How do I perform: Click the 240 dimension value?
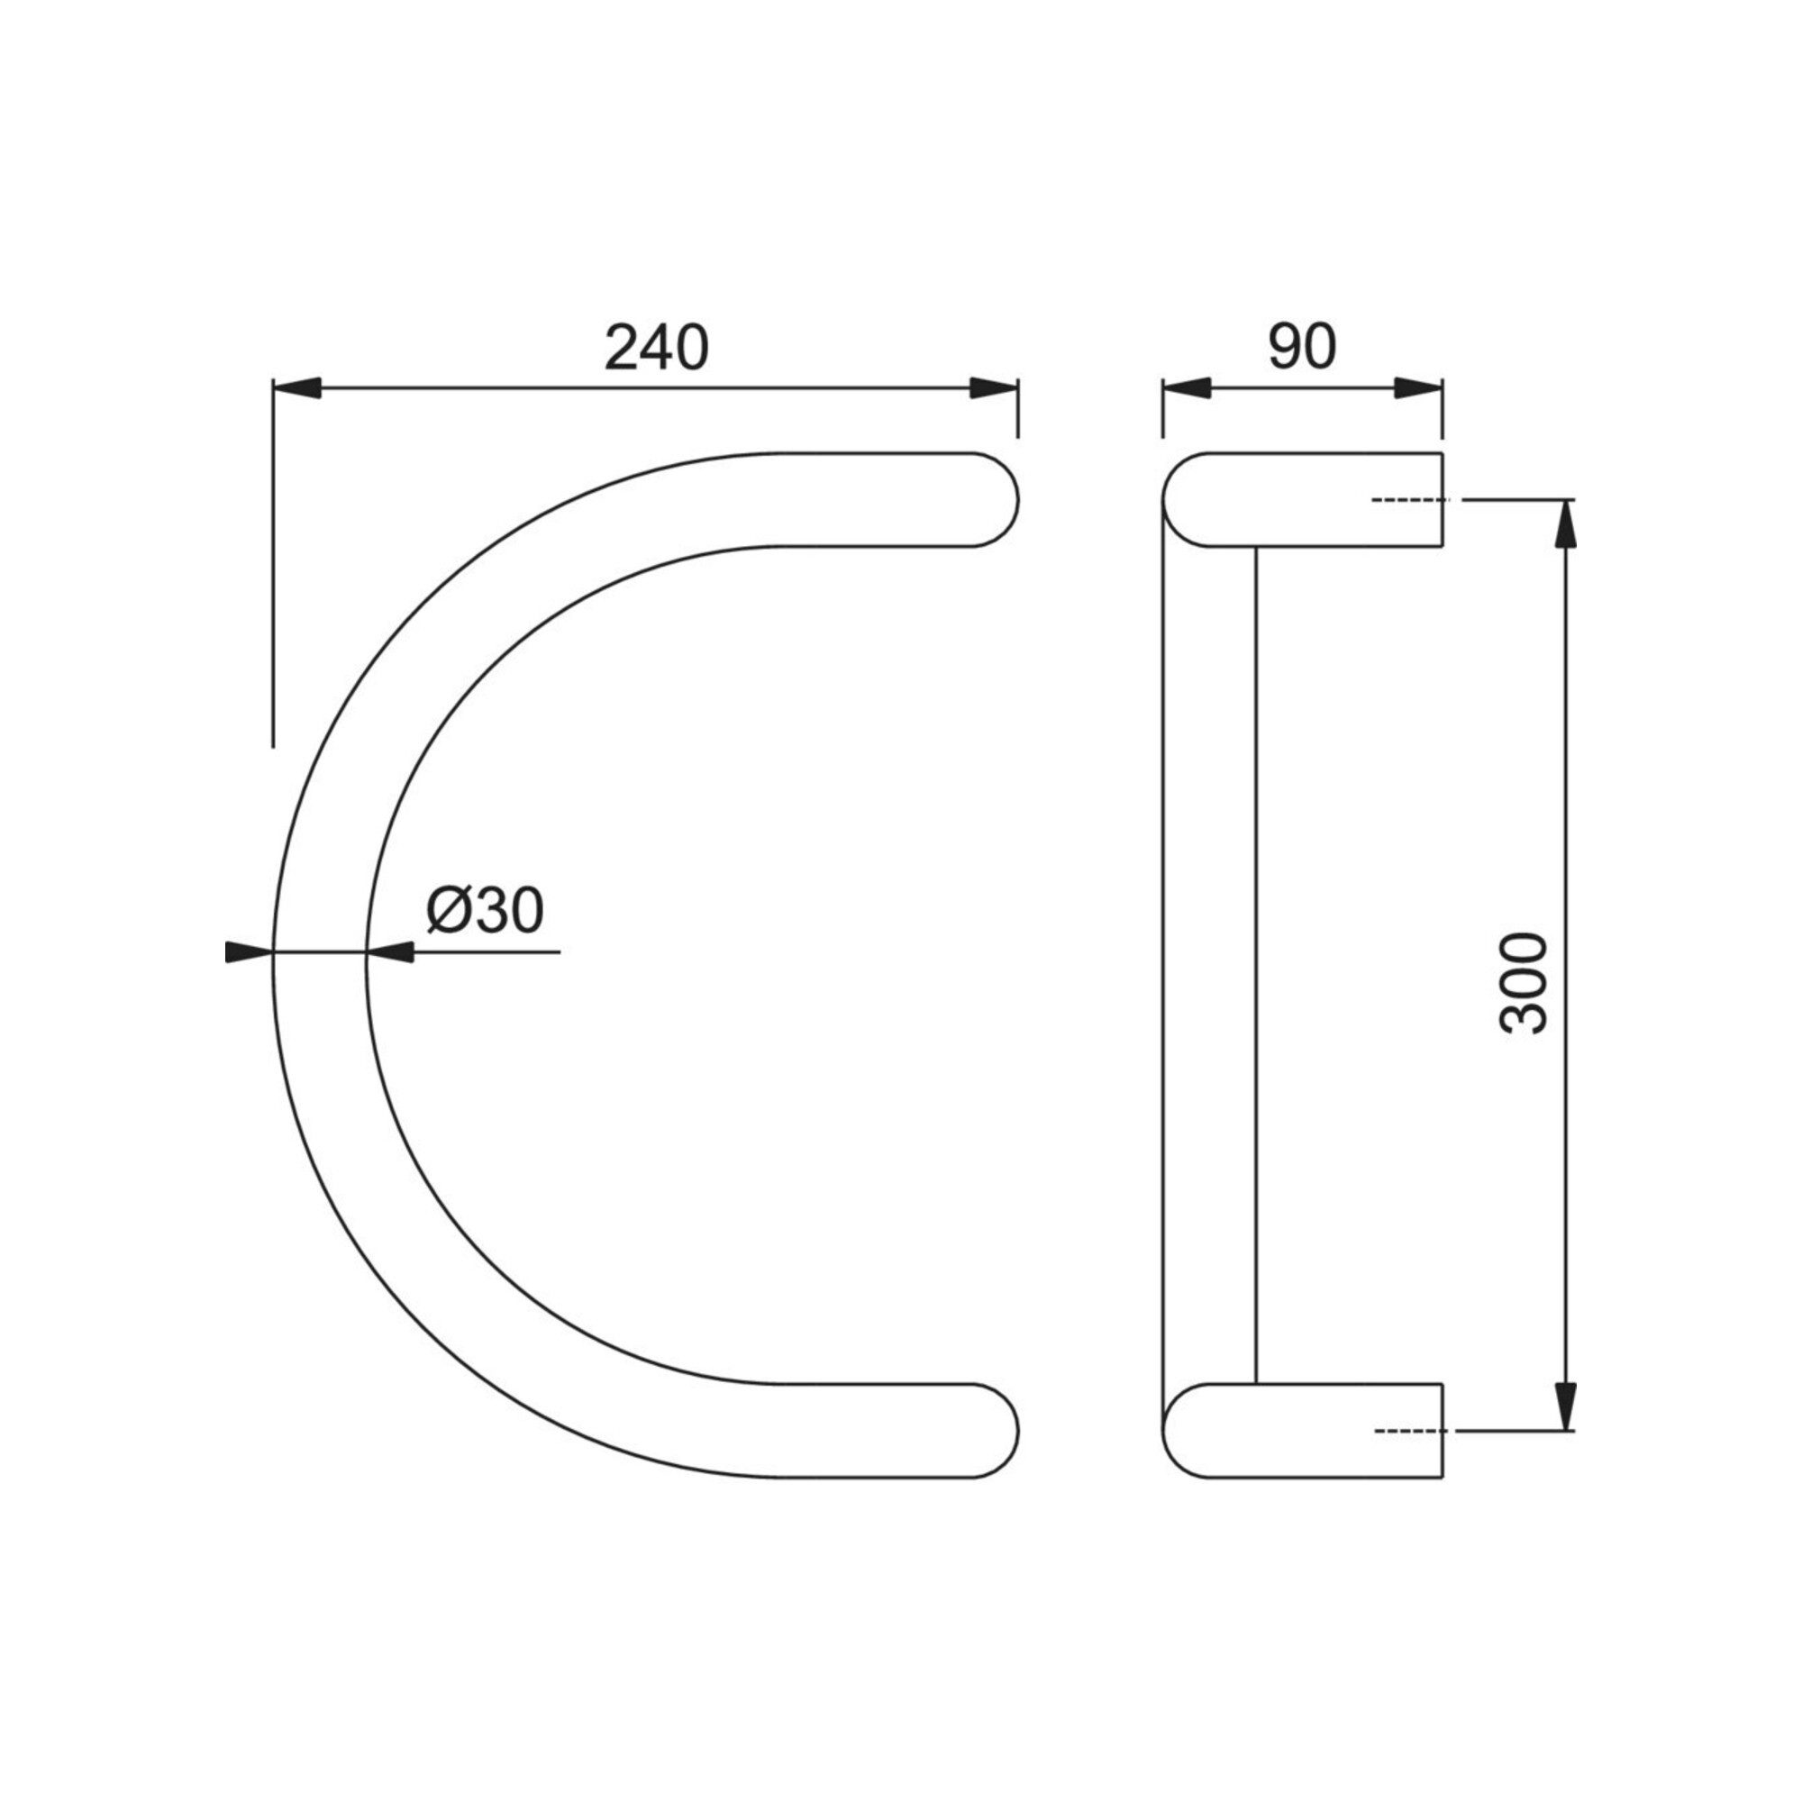[657, 348]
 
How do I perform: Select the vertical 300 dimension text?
[1523, 982]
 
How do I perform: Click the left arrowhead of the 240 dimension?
[296, 388]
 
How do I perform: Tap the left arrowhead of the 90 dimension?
[1187, 388]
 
